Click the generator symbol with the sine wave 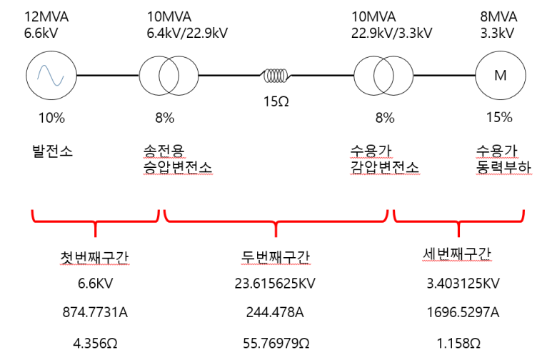click(51, 75)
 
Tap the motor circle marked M click(500, 75)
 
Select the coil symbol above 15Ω click(276, 75)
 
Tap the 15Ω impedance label click(276, 101)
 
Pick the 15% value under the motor click(499, 117)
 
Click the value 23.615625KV click(276, 283)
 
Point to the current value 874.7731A click(95, 313)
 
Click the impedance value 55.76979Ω click(276, 344)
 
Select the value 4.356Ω click(95, 344)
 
